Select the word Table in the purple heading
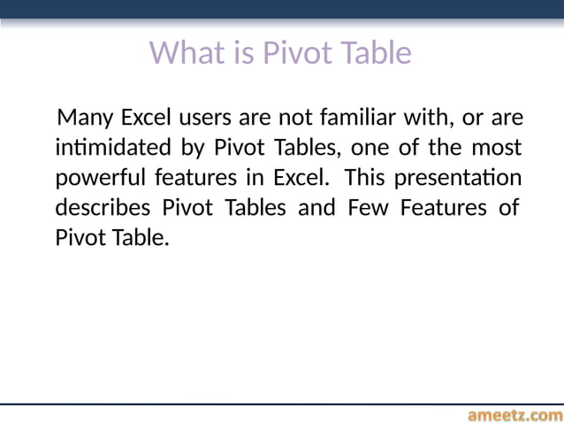pos(377,53)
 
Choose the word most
pos(497,147)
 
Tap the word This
pos(365,177)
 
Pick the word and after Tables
pos(319,208)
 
